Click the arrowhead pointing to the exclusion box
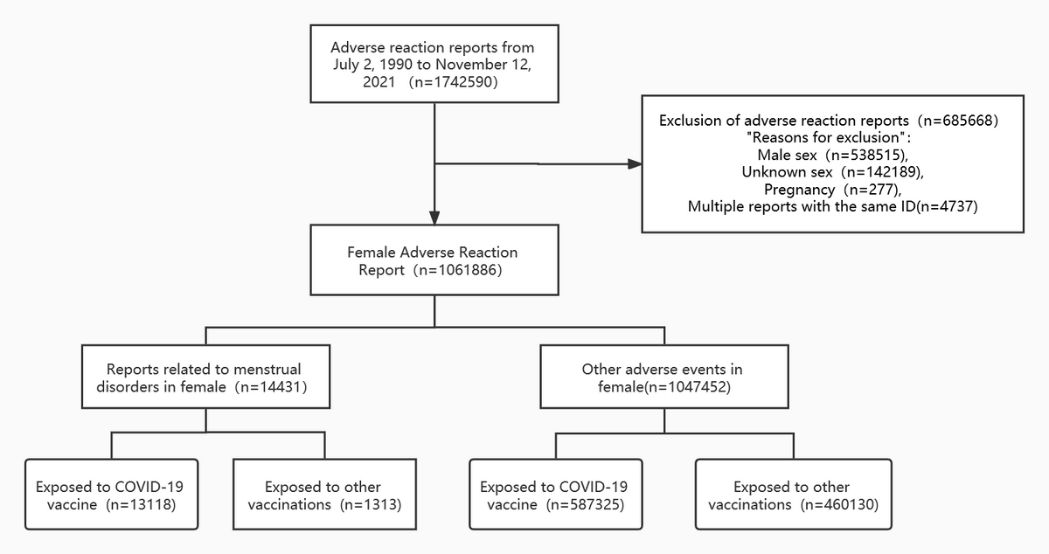(x=634, y=163)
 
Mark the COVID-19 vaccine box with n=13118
(x=111, y=495)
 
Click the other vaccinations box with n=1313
(x=323, y=495)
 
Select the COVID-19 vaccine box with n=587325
(x=555, y=495)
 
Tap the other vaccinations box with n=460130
(x=792, y=495)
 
